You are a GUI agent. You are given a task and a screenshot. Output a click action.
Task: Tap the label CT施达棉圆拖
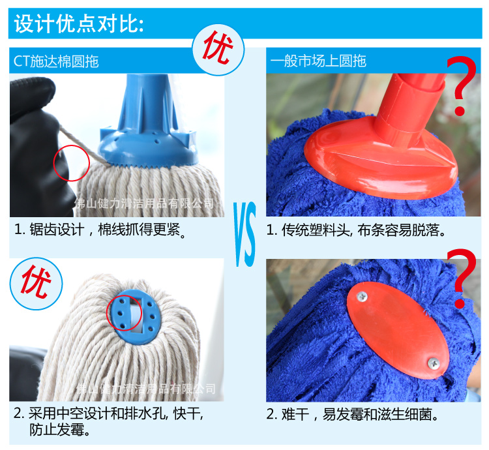56,61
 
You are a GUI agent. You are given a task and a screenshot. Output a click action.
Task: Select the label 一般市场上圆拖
318,61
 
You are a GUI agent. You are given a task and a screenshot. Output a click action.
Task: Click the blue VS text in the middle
244,234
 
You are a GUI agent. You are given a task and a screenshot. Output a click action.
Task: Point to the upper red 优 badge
218,50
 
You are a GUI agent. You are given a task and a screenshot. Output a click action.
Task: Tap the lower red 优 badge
36,283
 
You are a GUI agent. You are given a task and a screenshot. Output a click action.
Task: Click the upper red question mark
462,85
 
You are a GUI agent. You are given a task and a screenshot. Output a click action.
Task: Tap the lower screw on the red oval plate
433,363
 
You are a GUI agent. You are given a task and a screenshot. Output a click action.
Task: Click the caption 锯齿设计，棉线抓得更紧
100,230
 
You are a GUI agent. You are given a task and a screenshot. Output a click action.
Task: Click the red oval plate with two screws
398,330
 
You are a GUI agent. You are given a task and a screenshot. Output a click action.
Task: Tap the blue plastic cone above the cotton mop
149,121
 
